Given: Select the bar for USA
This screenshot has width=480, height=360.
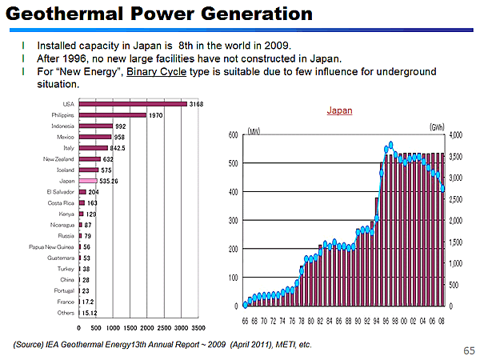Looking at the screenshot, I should [132, 104].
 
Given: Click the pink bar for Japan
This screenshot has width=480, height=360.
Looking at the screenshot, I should [87, 181].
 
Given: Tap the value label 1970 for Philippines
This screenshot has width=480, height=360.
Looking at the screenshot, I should [155, 115].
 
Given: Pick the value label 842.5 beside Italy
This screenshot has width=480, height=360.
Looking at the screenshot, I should [118, 148].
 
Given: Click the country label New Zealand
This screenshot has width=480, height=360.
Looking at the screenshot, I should [59, 159].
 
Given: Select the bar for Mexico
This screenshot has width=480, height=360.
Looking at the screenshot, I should [95, 137].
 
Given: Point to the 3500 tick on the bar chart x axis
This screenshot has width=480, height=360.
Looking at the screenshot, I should [198, 327].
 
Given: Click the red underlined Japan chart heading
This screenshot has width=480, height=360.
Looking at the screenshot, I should [340, 111].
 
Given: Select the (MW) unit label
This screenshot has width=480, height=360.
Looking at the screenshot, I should [255, 129].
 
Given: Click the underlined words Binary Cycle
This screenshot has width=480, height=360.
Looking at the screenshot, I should [157, 72].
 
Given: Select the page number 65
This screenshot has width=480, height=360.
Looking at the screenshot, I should [468, 350].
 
